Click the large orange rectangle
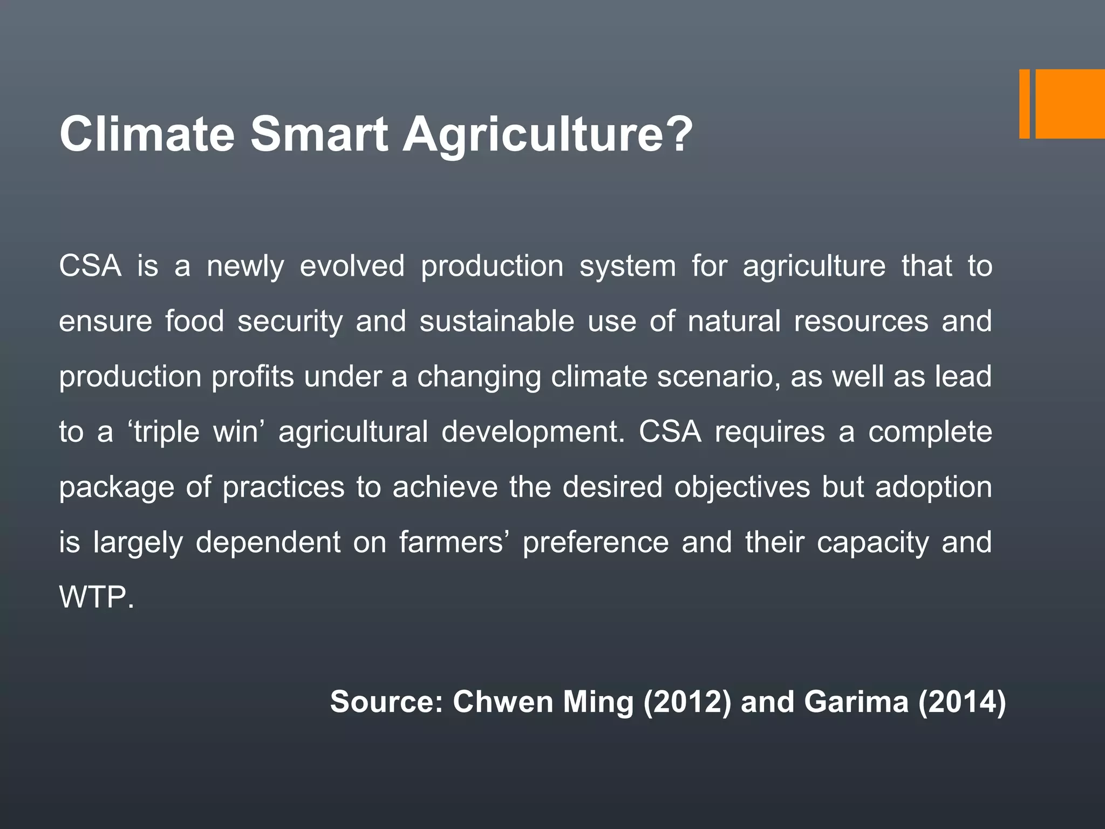click(x=1070, y=104)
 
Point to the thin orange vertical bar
click(x=1024, y=104)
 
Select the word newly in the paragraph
click(x=245, y=267)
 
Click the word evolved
click(x=352, y=267)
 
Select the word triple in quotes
click(x=167, y=432)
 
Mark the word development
click(x=533, y=432)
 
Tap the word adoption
click(x=933, y=487)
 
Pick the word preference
click(x=595, y=542)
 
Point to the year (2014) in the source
click(x=962, y=702)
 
